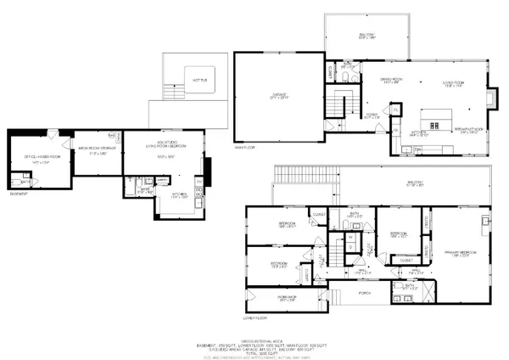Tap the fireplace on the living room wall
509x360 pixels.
pos(494,99)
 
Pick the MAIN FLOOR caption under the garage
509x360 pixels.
pos(245,146)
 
